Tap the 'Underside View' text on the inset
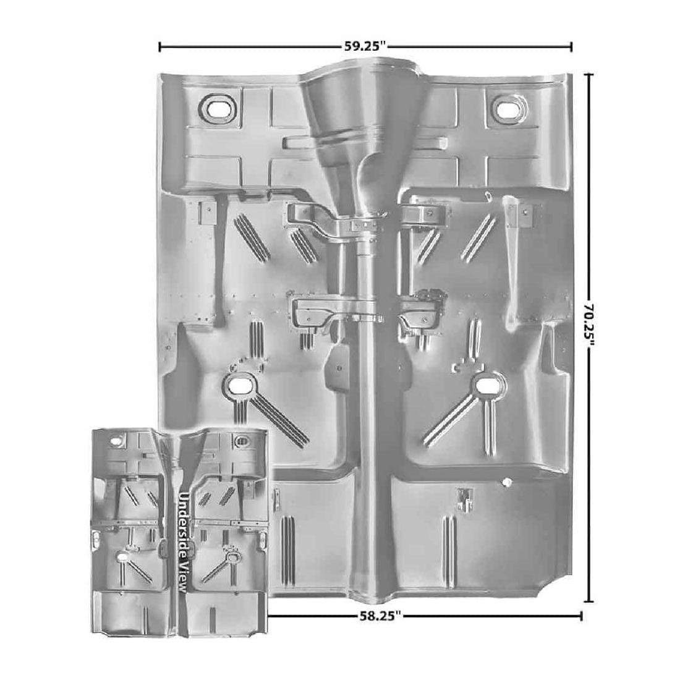tap(184, 542)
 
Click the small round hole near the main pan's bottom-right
tap(506, 480)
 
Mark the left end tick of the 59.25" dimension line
tap(160, 46)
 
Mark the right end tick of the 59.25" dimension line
tap(571, 46)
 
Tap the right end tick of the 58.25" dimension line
tap(581, 616)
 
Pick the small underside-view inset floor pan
tap(179, 532)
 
